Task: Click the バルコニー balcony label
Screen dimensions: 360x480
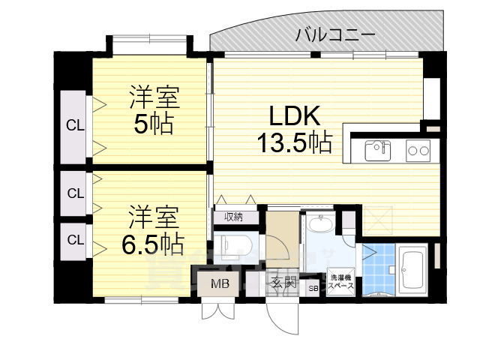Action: pos(334,34)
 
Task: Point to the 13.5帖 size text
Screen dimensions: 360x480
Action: pos(295,142)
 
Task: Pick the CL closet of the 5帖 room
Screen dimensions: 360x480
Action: pos(75,125)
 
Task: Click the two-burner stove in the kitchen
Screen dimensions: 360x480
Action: pos(417,151)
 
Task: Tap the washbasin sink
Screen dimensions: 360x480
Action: pos(322,226)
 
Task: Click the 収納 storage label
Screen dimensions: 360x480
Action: pos(232,217)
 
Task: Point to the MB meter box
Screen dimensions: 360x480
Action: pos(220,284)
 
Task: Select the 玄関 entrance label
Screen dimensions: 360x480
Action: pos(284,283)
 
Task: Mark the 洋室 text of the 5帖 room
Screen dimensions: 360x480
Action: pos(153,97)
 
